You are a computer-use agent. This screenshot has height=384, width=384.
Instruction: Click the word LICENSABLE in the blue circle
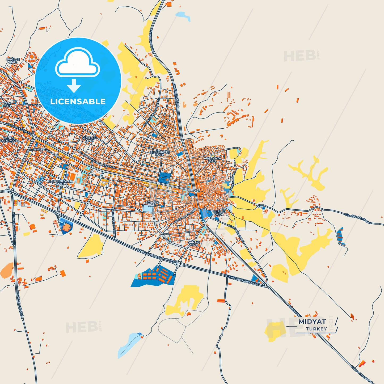(78, 102)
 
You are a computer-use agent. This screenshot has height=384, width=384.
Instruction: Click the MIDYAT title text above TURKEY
(312, 322)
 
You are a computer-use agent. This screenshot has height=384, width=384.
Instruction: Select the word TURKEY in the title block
(316, 329)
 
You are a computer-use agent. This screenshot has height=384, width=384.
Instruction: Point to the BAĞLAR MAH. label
(13, 61)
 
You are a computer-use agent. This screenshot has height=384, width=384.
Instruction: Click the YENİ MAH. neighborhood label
(7, 104)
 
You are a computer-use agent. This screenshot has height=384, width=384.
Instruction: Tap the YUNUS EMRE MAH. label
(9, 140)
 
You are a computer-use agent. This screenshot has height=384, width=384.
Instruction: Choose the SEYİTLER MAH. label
(89, 139)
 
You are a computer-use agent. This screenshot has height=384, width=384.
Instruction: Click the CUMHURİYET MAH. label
(159, 153)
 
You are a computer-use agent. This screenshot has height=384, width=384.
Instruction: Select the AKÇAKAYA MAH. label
(212, 159)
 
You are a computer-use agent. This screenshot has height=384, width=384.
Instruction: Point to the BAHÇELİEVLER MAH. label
(60, 182)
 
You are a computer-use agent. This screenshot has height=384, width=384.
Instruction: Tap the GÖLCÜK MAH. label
(152, 204)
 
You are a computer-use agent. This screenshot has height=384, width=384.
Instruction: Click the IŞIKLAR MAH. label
(220, 213)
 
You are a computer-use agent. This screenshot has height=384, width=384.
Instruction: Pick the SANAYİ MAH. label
(193, 243)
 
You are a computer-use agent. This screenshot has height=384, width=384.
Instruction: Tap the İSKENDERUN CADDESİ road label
(48, 153)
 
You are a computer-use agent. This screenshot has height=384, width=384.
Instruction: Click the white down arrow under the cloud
(74, 86)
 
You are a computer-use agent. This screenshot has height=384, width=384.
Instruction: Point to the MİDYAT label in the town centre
(194, 191)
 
